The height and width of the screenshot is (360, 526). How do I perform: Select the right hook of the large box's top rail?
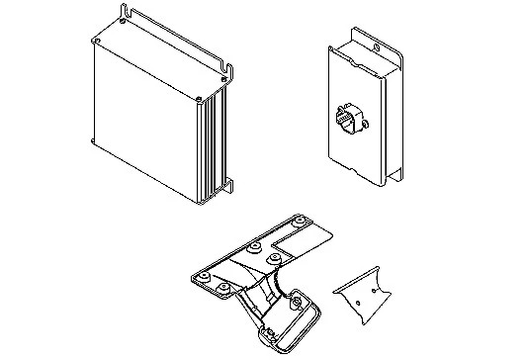[228, 68]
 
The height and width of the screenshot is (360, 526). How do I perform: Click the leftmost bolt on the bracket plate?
[205, 275]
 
